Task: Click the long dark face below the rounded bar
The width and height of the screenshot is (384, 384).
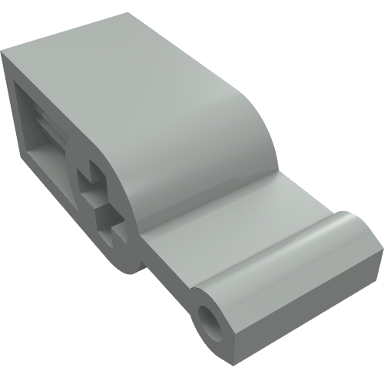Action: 300,315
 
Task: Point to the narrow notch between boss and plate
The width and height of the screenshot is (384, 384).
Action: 146,265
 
